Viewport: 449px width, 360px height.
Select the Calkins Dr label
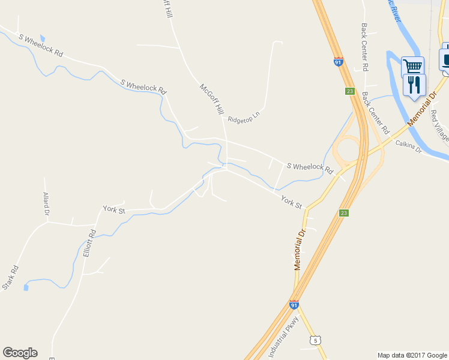pos(409,146)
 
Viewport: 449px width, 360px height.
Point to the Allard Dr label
pos(46,205)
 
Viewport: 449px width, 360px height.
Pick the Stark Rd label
pos(10,278)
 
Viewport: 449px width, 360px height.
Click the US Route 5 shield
pos(315,340)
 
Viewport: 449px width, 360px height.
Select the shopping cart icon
pos(412,66)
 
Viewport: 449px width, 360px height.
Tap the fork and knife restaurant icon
pos(414,85)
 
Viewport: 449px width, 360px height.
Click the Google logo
pos(20,353)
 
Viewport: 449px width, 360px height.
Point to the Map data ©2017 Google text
pos(412,355)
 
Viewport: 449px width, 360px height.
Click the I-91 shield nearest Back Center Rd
pos(339,61)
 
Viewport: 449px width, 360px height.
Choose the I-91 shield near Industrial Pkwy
pos(294,305)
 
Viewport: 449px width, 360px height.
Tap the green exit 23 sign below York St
pos(343,213)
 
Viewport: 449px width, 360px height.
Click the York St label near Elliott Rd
pos(113,209)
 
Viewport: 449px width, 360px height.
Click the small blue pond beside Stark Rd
pos(26,287)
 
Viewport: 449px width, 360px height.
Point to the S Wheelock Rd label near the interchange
pos(310,169)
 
